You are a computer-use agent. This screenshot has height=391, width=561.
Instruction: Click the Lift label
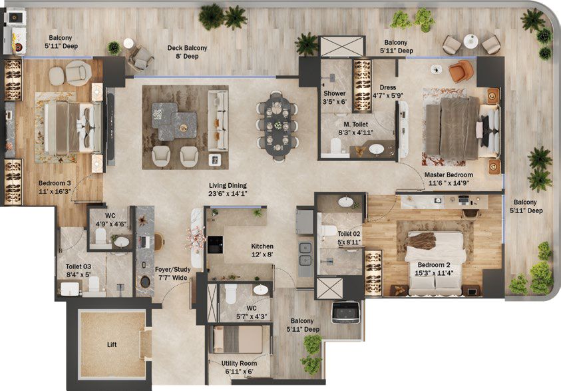pyautogui.click(x=112, y=345)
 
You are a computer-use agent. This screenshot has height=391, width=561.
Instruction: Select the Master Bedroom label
pyautogui.click(x=449, y=175)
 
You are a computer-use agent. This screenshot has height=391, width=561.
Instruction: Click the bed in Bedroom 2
pyautogui.click(x=435, y=262)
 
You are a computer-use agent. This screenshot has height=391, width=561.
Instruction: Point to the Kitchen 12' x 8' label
pyautogui.click(x=262, y=250)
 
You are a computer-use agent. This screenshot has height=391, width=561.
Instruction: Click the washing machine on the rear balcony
pyautogui.click(x=345, y=312)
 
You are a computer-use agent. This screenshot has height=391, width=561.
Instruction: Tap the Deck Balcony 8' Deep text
pyautogui.click(x=187, y=52)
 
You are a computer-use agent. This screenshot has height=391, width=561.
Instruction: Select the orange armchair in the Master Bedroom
pyautogui.click(x=461, y=71)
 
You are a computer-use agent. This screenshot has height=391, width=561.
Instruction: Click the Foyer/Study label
pyautogui.click(x=173, y=269)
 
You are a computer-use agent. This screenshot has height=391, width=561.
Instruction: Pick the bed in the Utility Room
pyautogui.click(x=238, y=339)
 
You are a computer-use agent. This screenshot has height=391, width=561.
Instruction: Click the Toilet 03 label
pyautogui.click(x=79, y=266)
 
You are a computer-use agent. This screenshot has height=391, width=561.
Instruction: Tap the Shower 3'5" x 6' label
pyautogui.click(x=335, y=97)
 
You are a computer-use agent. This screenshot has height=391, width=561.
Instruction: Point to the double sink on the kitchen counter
pyautogui.click(x=305, y=254)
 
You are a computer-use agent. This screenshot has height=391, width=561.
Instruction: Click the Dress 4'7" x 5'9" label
pyautogui.click(x=388, y=91)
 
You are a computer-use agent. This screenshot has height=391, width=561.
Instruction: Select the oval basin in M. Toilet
pyautogui.click(x=377, y=149)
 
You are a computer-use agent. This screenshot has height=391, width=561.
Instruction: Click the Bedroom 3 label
pyautogui.click(x=55, y=183)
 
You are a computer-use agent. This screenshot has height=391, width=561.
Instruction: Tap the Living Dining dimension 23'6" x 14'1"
pyautogui.click(x=228, y=194)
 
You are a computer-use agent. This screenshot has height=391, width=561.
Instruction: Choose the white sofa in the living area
pyautogui.click(x=218, y=121)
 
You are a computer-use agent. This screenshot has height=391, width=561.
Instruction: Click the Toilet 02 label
pyautogui.click(x=349, y=234)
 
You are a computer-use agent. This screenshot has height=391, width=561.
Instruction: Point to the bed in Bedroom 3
pyautogui.click(x=73, y=128)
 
